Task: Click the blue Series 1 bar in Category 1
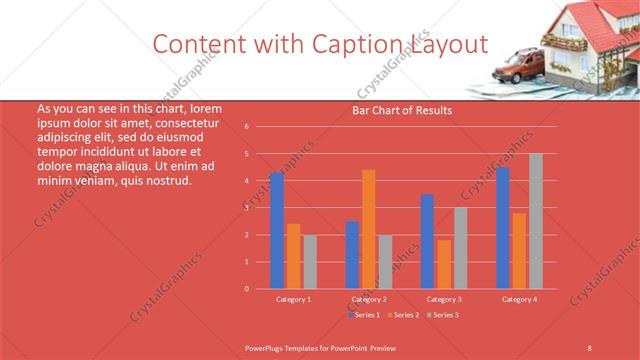pos(277,230)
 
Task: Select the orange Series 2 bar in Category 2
pos(369,229)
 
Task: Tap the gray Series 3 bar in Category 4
pos(536,221)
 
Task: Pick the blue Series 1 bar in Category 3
pos(427,241)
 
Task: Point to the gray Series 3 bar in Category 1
pos(310,261)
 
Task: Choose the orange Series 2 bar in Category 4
pos(519,250)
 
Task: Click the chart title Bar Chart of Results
pos(401,110)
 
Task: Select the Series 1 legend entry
pos(365,315)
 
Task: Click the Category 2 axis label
pos(368,299)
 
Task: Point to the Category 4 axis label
pos(519,299)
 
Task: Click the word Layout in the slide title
pos(449,44)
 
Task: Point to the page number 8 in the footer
pos(590,346)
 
